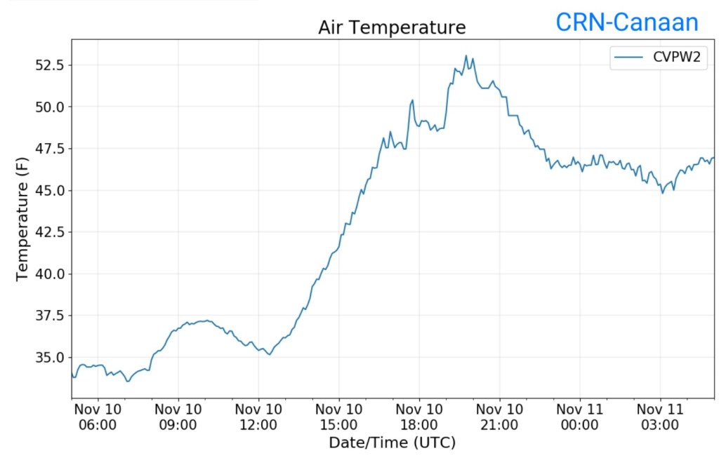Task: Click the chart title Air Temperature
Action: pos(392,27)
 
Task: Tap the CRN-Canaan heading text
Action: pos(627,22)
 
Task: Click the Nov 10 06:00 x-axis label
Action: pos(98,417)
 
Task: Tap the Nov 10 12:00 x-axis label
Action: pos(258,417)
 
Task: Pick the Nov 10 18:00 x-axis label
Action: pos(419,417)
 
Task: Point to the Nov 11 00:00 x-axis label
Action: pos(580,417)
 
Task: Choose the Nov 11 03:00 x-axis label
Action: pos(661,417)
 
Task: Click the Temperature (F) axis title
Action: pos(22,219)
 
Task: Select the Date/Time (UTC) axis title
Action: pos(392,443)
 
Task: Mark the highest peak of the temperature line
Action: pos(466,55)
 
